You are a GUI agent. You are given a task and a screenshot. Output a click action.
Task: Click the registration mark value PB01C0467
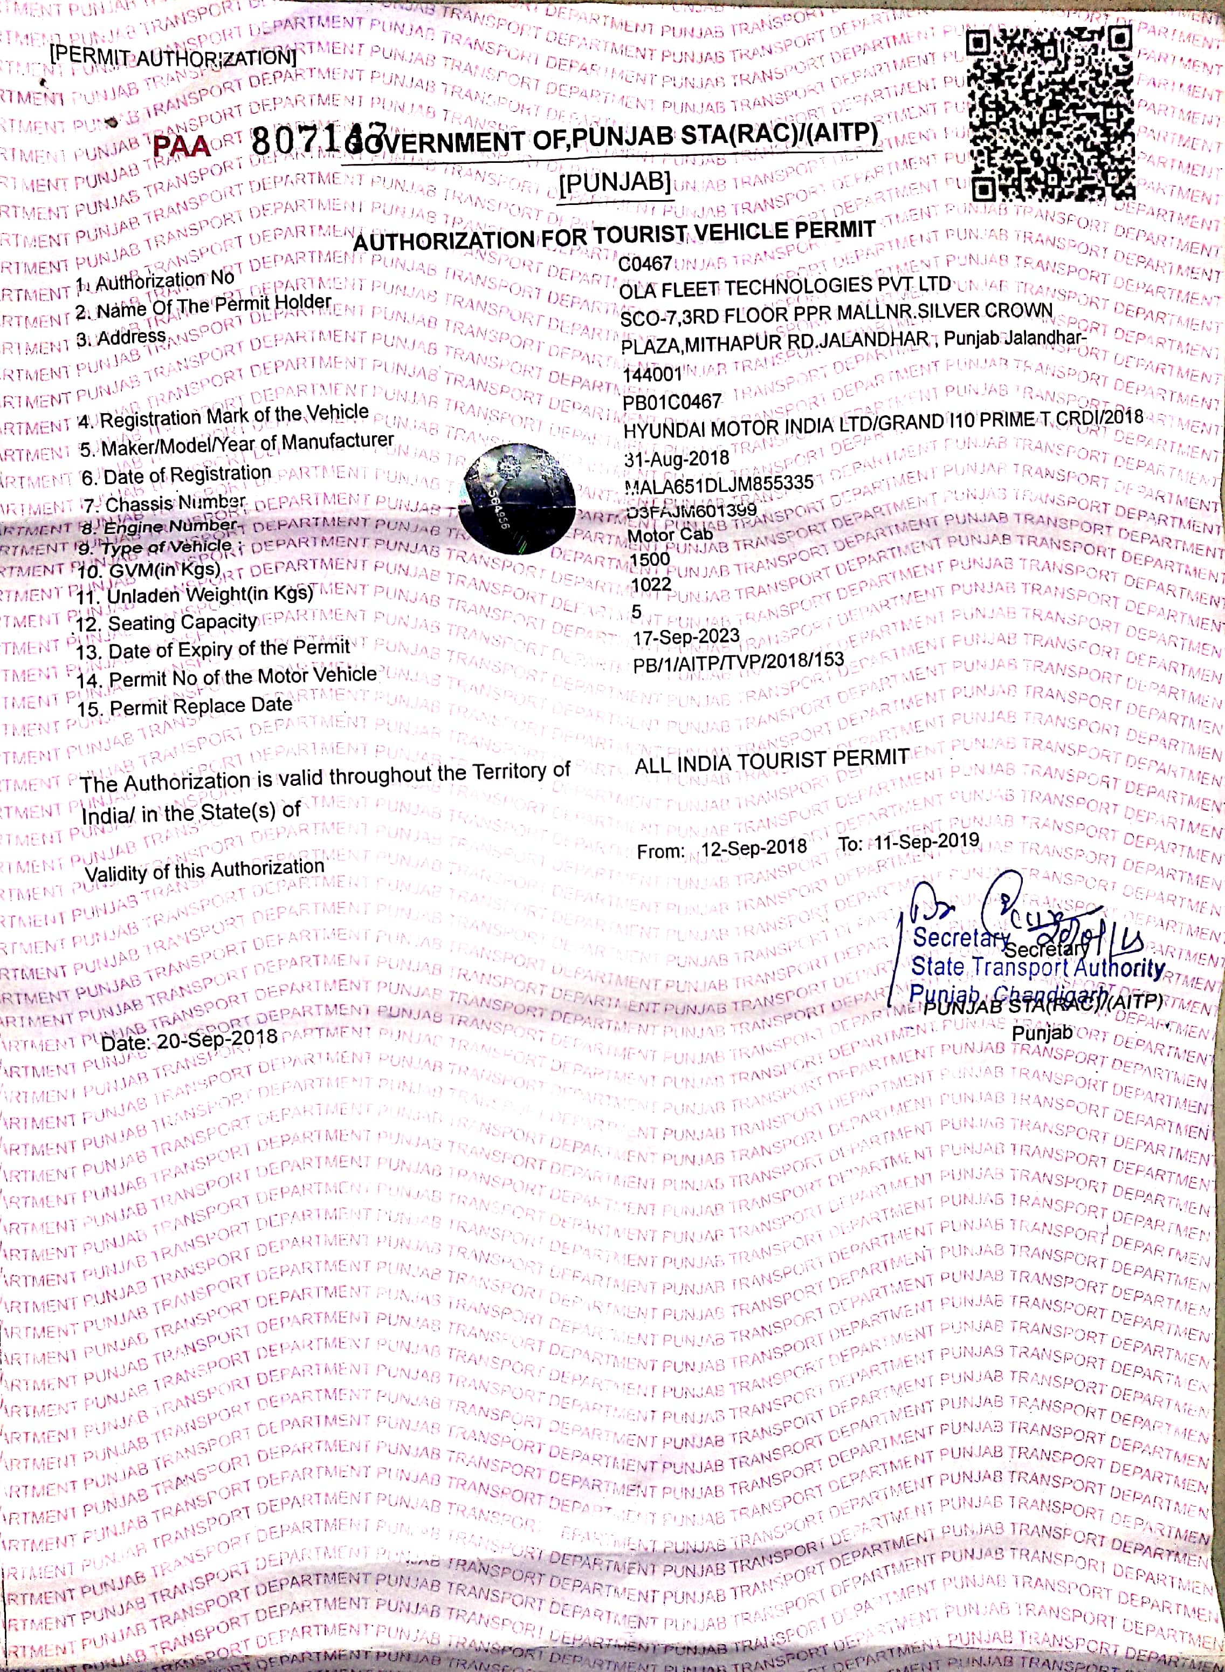[x=672, y=402]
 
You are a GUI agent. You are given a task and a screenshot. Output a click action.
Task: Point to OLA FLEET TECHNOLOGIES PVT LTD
[x=784, y=287]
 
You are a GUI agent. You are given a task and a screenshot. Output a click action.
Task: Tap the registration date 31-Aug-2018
[x=677, y=458]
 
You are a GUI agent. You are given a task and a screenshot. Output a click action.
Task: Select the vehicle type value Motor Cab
[x=670, y=534]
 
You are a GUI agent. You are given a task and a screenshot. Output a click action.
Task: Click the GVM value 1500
[x=650, y=559]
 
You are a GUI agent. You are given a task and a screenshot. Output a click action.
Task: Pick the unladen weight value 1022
[x=651, y=585]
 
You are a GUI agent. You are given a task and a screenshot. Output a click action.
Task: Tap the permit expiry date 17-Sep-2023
[x=686, y=637]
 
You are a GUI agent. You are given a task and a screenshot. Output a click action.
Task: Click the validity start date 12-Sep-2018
[x=753, y=848]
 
